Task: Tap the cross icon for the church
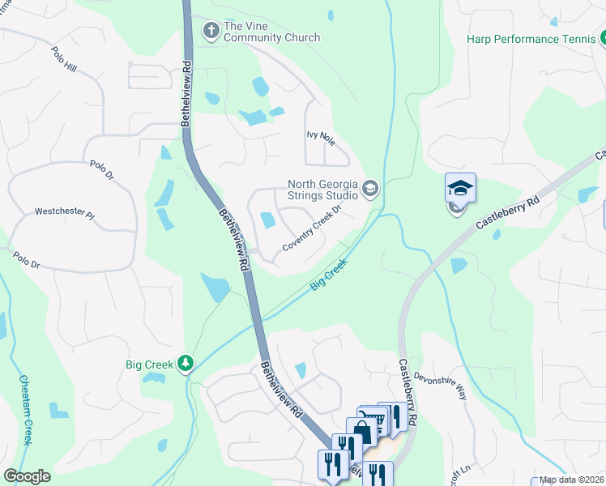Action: [211, 31]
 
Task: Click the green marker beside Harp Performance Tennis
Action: [603, 38]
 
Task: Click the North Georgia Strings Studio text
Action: [322, 190]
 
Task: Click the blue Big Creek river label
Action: [330, 275]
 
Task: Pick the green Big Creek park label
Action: [149, 364]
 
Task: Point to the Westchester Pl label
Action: [65, 213]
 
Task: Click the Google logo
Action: [27, 476]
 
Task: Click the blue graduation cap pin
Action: [460, 189]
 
